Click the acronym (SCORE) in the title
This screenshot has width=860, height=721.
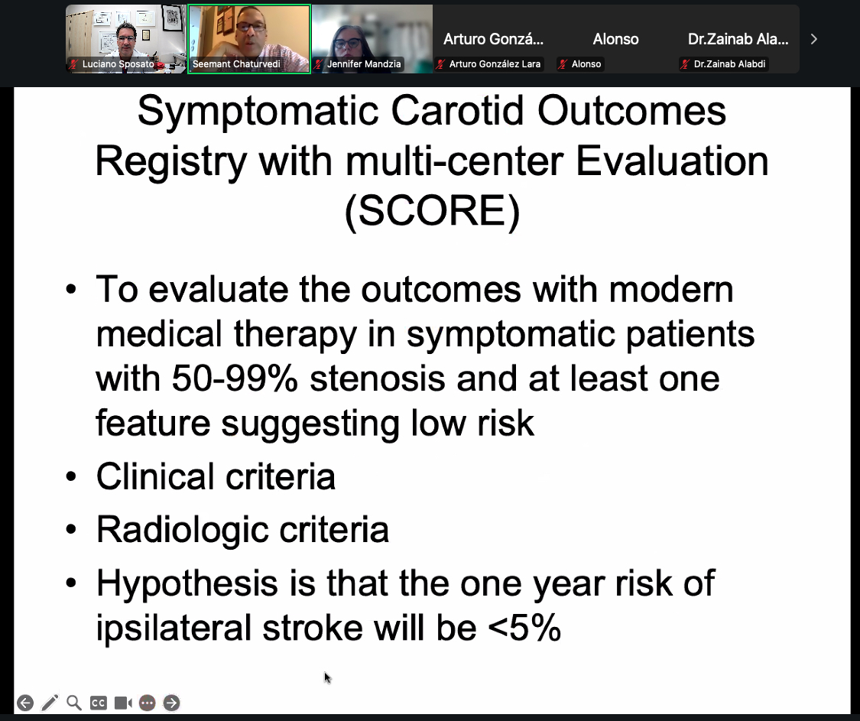pyautogui.click(x=432, y=213)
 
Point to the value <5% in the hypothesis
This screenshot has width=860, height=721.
pyautogui.click(x=524, y=627)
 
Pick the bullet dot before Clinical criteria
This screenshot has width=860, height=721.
pyautogui.click(x=71, y=477)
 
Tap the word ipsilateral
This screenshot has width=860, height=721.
pyautogui.click(x=174, y=627)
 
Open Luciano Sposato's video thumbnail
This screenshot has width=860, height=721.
pyautogui.click(x=126, y=38)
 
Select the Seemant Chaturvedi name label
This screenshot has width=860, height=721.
pyautogui.click(x=236, y=64)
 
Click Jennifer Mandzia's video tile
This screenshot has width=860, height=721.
pyautogui.click(x=372, y=38)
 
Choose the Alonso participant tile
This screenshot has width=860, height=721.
pyautogui.click(x=615, y=38)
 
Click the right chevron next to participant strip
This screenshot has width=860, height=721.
pyautogui.click(x=813, y=39)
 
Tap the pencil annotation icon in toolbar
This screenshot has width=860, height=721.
pyautogui.click(x=50, y=703)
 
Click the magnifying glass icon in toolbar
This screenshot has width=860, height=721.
pyautogui.click(x=74, y=703)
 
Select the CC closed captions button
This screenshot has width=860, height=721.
pyautogui.click(x=99, y=703)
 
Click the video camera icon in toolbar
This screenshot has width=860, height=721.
pyautogui.click(x=123, y=703)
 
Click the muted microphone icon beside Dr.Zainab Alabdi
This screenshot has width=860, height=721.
pyautogui.click(x=686, y=64)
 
